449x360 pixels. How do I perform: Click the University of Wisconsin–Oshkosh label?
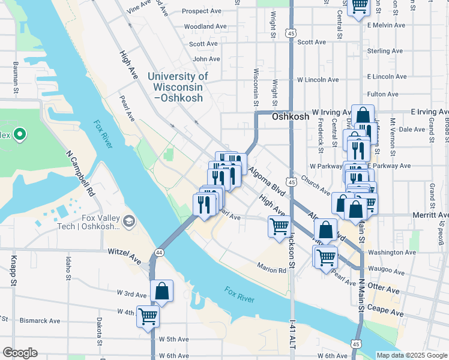pos(178,87)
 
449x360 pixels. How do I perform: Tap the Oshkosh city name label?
pos(290,117)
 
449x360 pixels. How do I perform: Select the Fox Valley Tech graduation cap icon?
pos(128,223)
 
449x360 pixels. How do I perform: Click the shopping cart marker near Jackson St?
pos(279,227)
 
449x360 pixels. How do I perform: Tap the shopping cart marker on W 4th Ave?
pos(148,316)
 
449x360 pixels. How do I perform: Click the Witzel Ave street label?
pos(124,254)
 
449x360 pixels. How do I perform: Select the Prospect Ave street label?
pos(203,11)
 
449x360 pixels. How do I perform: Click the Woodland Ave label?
pos(205,27)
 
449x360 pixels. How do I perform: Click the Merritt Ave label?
pos(427,215)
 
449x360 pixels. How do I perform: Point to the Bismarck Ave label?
pos(41,321)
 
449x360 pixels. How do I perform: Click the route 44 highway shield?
pos(159,253)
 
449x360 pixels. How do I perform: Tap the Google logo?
pos(20,353)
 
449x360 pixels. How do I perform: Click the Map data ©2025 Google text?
pos(411,355)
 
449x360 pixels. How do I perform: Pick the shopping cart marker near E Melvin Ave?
pos(359,7)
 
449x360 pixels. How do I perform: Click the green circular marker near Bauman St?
pos(19,134)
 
